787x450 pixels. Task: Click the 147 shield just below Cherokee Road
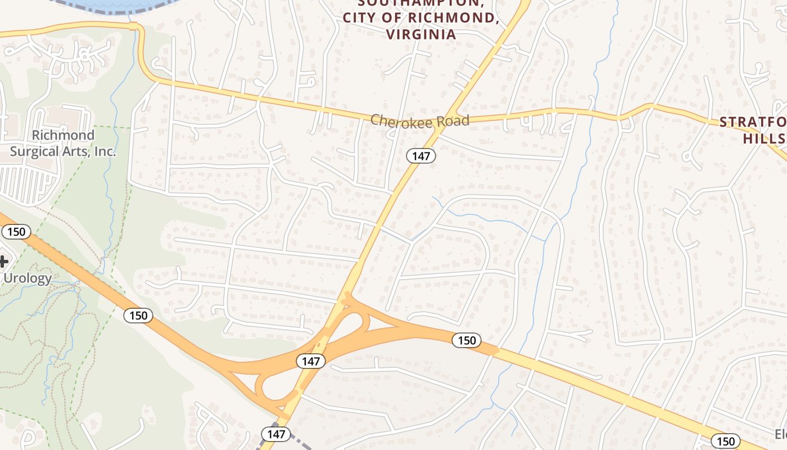[420, 156]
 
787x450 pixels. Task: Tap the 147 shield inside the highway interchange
[310, 361]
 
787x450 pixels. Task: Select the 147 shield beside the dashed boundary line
[276, 434]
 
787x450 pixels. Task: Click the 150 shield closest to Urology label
[16, 231]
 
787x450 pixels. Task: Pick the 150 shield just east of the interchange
[467, 340]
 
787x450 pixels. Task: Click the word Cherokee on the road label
[401, 120]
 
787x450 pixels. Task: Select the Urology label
[28, 278]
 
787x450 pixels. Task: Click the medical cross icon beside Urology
[3, 261]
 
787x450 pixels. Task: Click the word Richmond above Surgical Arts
[63, 136]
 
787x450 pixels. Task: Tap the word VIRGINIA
[421, 34]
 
